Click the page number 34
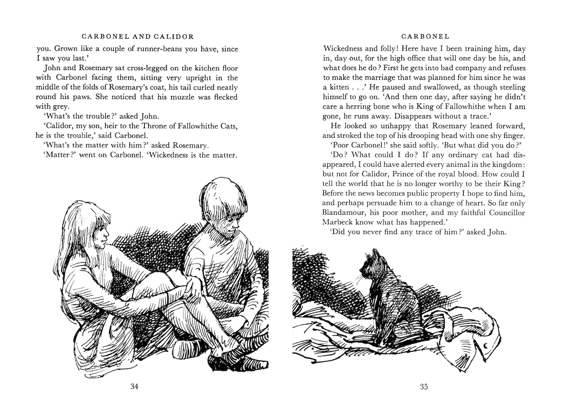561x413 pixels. [135, 387]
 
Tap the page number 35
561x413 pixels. [424, 387]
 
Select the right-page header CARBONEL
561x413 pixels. [425, 37]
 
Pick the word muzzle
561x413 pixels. [181, 97]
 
